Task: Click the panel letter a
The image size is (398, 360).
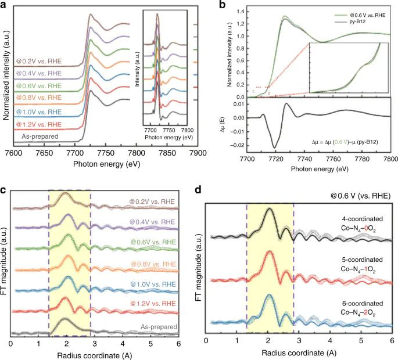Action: pos(4,5)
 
